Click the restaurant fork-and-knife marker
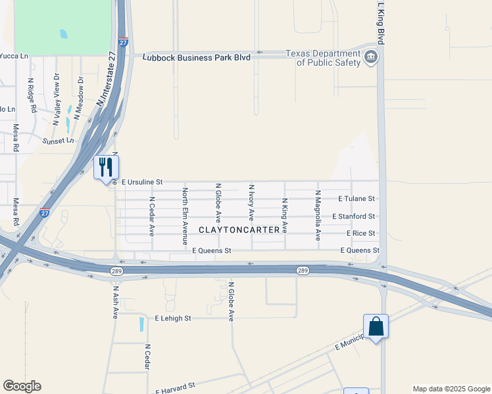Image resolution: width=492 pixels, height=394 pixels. pos(106,167)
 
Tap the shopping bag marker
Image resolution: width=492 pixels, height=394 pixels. pos(376,326)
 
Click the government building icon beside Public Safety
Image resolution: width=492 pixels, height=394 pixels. pos(371,58)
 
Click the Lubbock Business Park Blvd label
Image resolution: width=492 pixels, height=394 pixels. pos(197,58)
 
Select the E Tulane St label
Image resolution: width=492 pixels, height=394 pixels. pos(356,198)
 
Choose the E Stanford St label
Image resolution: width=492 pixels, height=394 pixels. pos(353,216)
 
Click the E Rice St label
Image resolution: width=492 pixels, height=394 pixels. pos(360,233)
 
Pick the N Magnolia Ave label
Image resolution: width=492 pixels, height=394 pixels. pos(318,215)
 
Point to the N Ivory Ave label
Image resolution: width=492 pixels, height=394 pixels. pos(251,206)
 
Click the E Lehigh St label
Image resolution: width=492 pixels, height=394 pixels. pos(172,318)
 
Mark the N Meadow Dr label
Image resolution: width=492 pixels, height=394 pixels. pos(80,97)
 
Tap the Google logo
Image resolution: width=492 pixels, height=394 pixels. pos(22,386)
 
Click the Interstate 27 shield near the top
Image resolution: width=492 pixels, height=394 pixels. pos(123,43)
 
